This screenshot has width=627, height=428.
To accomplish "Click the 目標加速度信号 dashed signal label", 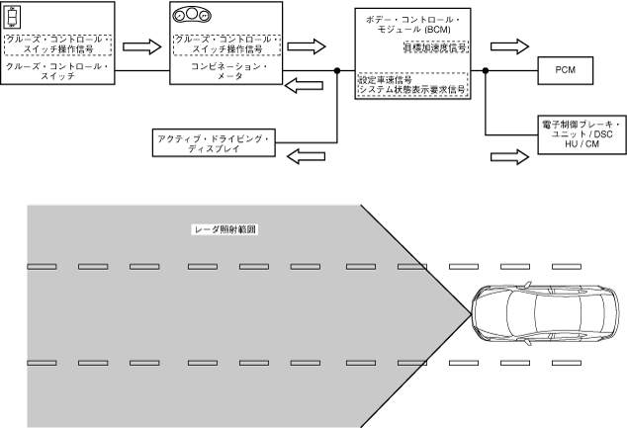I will tap(435, 46).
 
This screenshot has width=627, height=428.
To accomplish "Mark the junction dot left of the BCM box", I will tap(337, 70).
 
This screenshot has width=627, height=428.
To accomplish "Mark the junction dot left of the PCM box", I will tap(487, 70).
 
